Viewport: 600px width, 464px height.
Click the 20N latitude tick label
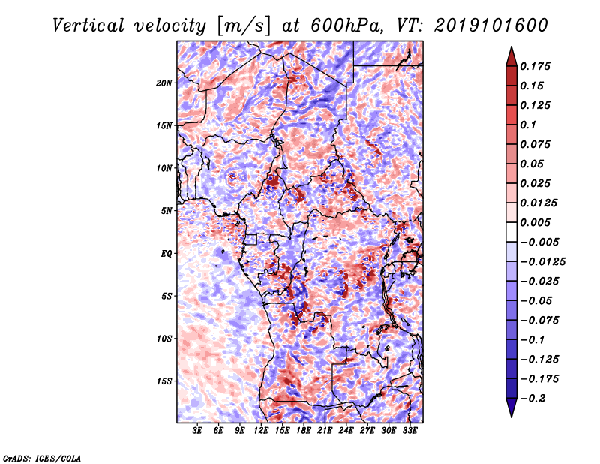click(x=164, y=83)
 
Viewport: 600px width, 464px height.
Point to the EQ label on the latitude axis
click(x=166, y=254)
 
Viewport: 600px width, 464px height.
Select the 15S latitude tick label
click(x=164, y=381)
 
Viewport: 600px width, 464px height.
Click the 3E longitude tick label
click(x=197, y=431)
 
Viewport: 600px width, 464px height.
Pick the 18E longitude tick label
click(x=303, y=431)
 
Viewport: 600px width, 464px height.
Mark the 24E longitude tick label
click(x=346, y=431)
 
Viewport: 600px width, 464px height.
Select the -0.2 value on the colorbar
click(x=536, y=399)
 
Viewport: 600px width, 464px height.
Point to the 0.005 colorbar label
click(x=537, y=223)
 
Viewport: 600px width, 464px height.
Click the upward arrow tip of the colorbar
click(x=511, y=50)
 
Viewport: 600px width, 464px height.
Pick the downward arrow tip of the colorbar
click(x=511, y=415)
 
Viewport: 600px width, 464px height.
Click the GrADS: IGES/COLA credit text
click(x=41, y=457)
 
